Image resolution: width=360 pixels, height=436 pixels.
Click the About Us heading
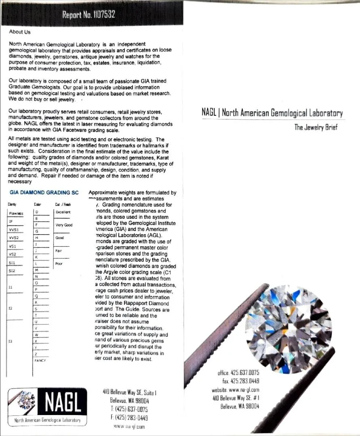[x=19, y=32]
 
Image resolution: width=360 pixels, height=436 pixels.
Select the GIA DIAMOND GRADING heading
[x=44, y=193]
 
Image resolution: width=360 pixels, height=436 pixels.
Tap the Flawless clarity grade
[x=16, y=214]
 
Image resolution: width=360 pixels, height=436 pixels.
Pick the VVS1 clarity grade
[x=14, y=230]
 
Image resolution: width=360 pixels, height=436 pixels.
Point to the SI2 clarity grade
[x=12, y=270]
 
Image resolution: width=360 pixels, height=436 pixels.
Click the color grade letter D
[x=37, y=212]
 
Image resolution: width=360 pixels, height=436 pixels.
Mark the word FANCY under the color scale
[x=40, y=360]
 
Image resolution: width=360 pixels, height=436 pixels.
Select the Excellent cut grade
[x=63, y=212]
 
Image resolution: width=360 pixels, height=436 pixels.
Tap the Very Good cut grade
[x=64, y=225]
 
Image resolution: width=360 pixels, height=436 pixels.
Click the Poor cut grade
[x=59, y=264]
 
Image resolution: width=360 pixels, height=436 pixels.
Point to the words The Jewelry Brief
[x=316, y=128]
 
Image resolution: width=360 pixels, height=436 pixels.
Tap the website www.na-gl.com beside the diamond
[x=235, y=390]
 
